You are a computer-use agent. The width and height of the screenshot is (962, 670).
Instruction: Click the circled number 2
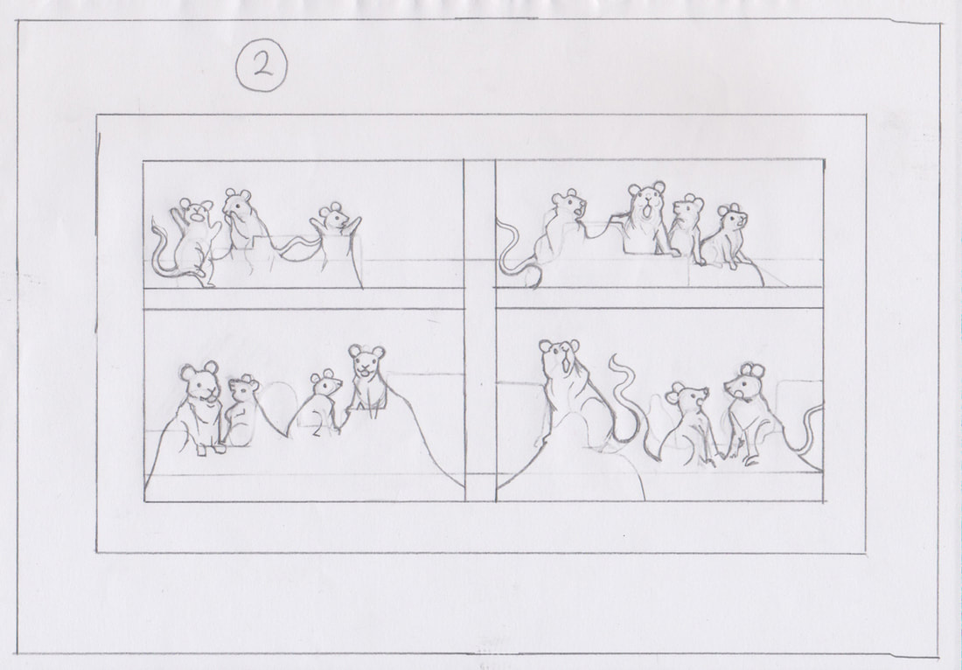tap(262, 66)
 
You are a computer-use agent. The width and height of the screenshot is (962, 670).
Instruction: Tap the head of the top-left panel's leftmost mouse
tap(196, 210)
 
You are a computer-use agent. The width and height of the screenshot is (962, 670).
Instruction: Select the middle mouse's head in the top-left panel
tap(237, 202)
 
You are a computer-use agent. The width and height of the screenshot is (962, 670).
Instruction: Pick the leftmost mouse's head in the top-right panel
tap(568, 205)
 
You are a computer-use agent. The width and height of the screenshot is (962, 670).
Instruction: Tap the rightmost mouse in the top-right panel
tap(728, 237)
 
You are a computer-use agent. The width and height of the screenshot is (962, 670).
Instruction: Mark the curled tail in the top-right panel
tap(512, 258)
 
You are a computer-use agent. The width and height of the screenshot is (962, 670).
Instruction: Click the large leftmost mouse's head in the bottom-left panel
tap(200, 381)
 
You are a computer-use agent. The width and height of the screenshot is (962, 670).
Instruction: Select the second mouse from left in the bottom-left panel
tap(241, 410)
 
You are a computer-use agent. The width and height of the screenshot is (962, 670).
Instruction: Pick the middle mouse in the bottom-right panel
tap(688, 423)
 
